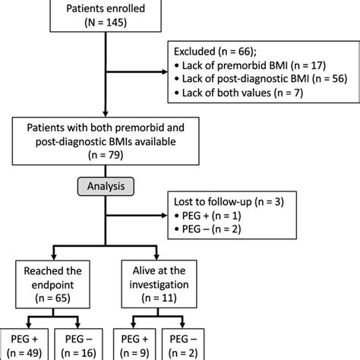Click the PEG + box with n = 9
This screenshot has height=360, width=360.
pos(130,346)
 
